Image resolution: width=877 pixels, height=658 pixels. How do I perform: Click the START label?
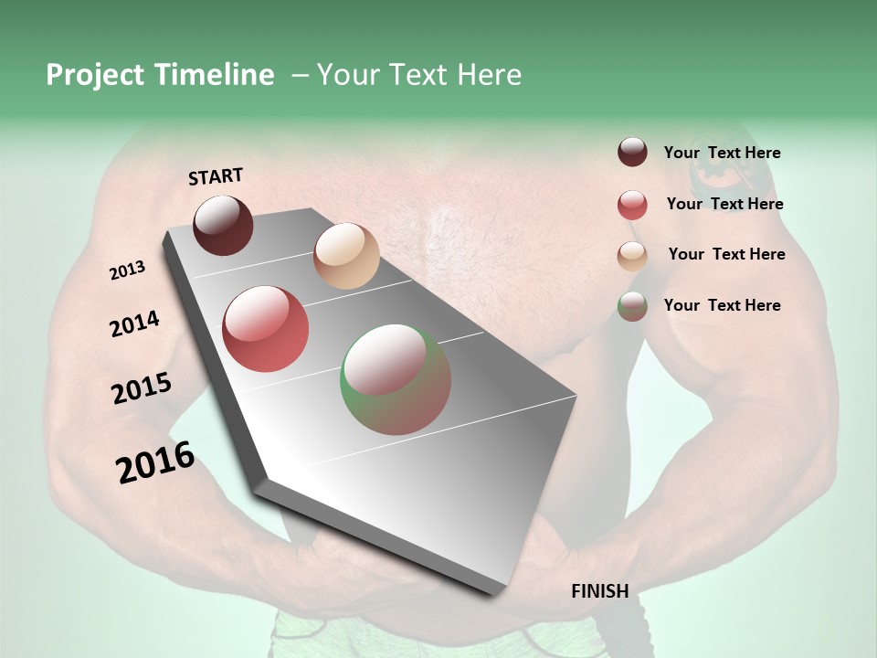(x=216, y=176)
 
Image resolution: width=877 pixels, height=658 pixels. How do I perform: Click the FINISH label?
(x=599, y=591)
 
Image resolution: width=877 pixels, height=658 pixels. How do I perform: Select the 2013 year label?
(x=127, y=271)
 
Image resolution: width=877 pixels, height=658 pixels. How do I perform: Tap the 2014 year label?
(x=134, y=324)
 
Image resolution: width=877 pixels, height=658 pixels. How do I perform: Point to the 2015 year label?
(x=142, y=388)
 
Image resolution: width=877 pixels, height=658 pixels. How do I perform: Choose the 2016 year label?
(x=155, y=462)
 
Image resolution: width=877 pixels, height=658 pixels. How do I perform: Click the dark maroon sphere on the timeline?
(x=223, y=225)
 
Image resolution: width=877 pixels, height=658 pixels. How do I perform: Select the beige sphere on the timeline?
(x=346, y=256)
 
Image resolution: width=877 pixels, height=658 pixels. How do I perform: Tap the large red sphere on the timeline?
(x=266, y=329)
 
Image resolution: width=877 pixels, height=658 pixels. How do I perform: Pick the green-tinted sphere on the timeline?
(x=396, y=379)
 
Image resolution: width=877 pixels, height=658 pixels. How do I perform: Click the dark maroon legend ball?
(x=632, y=153)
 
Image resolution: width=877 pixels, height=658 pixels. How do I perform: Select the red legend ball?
(x=632, y=205)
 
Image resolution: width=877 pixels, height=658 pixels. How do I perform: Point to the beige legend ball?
(x=632, y=255)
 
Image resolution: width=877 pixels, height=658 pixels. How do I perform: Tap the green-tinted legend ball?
(x=632, y=306)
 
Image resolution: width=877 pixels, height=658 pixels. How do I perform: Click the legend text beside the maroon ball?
(x=722, y=153)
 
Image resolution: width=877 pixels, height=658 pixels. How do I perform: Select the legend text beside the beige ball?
(x=726, y=254)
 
